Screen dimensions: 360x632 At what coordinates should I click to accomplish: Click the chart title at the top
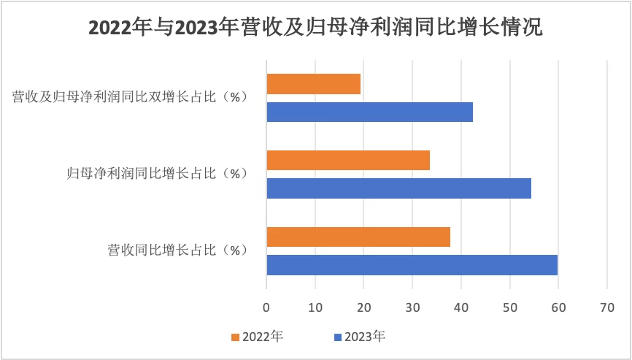(x=315, y=28)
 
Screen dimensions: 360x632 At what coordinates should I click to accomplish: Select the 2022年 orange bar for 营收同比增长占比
(x=358, y=237)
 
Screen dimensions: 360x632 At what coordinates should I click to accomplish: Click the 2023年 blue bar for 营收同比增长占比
(x=412, y=265)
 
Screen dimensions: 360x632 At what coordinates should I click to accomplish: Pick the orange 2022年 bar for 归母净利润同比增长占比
(x=348, y=160)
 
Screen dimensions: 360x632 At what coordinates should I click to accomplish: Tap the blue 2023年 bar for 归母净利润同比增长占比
(x=399, y=188)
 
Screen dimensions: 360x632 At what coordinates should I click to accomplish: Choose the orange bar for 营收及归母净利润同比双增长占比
(x=314, y=84)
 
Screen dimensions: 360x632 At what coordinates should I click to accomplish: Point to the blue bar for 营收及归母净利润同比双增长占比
(x=370, y=112)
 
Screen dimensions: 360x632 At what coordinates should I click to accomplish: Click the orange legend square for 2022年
(x=235, y=337)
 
